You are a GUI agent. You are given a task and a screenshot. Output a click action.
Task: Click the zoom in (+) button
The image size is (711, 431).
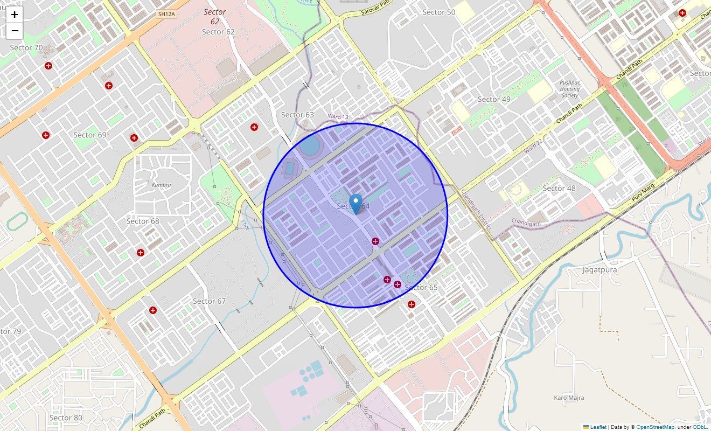click(x=15, y=15)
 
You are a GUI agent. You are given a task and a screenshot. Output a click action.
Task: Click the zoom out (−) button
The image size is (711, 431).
click(x=15, y=31)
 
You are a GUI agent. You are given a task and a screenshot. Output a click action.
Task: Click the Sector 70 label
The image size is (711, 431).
click(x=26, y=48)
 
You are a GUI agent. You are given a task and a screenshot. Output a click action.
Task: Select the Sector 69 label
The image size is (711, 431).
click(x=90, y=135)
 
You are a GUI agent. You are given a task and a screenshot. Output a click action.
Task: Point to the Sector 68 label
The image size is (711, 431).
click(x=143, y=221)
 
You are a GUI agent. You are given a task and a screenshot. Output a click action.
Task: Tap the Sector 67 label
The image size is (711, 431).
click(x=209, y=301)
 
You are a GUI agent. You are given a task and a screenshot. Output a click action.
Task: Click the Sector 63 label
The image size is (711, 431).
click(x=297, y=115)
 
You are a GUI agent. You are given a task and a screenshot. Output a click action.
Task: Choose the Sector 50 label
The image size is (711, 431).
click(x=438, y=12)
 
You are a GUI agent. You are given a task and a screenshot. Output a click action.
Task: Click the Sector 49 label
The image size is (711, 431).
click(x=494, y=99)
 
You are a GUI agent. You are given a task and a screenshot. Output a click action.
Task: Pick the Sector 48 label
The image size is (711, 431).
click(x=559, y=188)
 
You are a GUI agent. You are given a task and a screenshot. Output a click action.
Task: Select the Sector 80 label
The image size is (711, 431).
click(x=66, y=418)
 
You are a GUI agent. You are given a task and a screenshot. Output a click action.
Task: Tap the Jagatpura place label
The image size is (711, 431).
click(x=600, y=269)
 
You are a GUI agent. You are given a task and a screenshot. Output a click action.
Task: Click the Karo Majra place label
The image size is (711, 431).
click(x=569, y=398)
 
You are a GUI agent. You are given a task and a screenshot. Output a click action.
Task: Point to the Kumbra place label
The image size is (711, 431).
click(x=161, y=185)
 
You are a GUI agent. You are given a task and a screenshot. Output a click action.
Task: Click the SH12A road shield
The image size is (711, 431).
click(x=166, y=14)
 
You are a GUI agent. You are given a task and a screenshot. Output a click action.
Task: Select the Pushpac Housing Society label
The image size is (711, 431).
click(x=569, y=89)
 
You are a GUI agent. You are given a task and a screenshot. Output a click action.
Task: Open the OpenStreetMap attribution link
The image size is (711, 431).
click(x=655, y=427)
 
